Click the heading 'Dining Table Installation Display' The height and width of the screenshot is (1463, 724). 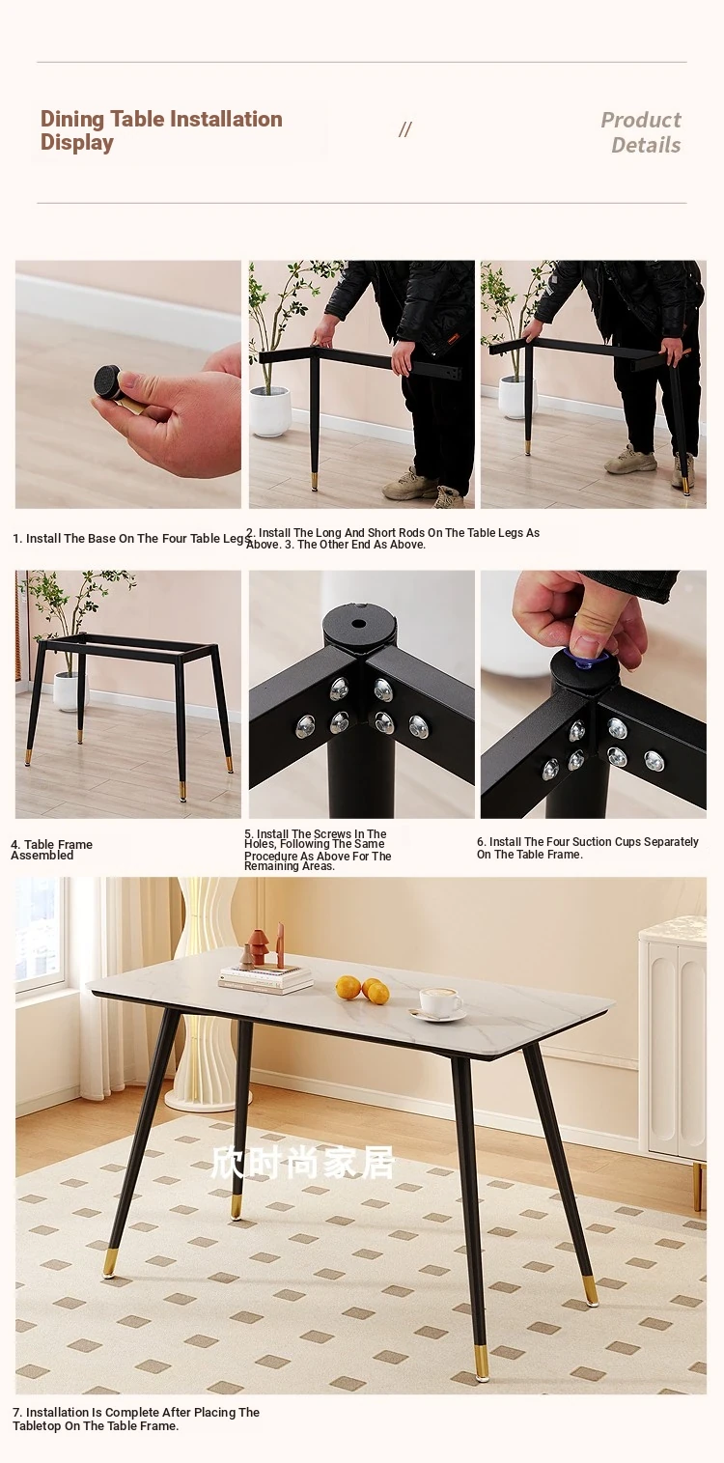point(161,130)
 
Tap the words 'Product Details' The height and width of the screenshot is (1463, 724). point(640,132)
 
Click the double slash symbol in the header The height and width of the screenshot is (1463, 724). point(404,130)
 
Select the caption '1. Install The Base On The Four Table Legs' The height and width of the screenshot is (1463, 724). point(131,538)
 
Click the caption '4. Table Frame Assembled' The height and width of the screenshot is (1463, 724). point(51,850)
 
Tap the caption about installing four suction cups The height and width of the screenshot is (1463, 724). point(588,848)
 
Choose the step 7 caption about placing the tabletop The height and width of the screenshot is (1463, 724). point(136,1419)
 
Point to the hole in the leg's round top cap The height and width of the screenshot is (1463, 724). point(358,623)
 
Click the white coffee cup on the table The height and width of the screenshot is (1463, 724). point(438,1001)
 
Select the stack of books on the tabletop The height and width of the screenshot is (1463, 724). point(265,978)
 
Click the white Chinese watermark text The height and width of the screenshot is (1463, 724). point(303,1164)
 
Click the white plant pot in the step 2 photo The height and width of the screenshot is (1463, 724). point(270,411)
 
